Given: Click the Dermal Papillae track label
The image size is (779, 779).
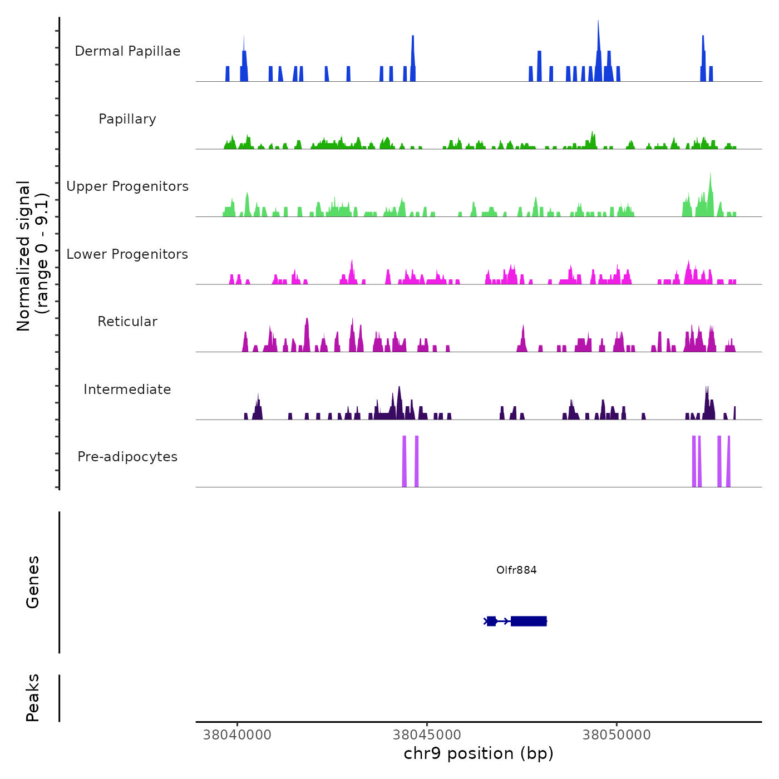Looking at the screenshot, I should (x=127, y=51).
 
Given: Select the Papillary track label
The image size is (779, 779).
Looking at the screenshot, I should (x=127, y=119).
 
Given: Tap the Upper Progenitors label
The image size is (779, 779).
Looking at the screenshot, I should (x=127, y=186).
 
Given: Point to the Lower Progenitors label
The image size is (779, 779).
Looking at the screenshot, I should (x=127, y=254).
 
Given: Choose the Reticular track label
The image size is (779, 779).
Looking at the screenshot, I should (x=127, y=322).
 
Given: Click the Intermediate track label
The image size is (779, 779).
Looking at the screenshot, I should (x=127, y=389).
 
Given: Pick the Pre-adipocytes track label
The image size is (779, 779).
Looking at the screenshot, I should (x=127, y=457).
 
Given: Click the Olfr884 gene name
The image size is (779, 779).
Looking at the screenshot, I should (x=516, y=570).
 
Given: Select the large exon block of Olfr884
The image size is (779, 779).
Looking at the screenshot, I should (x=529, y=621).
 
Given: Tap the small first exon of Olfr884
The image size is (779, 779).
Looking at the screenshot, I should (x=491, y=621).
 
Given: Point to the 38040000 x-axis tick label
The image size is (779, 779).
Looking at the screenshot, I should (x=238, y=735).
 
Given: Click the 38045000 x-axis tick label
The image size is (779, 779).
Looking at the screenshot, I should (x=427, y=735).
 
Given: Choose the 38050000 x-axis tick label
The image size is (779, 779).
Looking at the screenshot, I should (x=617, y=735).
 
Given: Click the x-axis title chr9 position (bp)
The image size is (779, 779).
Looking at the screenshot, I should (x=479, y=754).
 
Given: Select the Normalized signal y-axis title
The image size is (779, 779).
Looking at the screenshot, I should (x=32, y=255).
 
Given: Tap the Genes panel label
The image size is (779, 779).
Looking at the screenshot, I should (x=33, y=582).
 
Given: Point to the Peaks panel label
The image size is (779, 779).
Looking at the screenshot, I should (x=33, y=698).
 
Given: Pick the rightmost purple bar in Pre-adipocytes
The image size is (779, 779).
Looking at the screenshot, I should (x=728, y=462).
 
